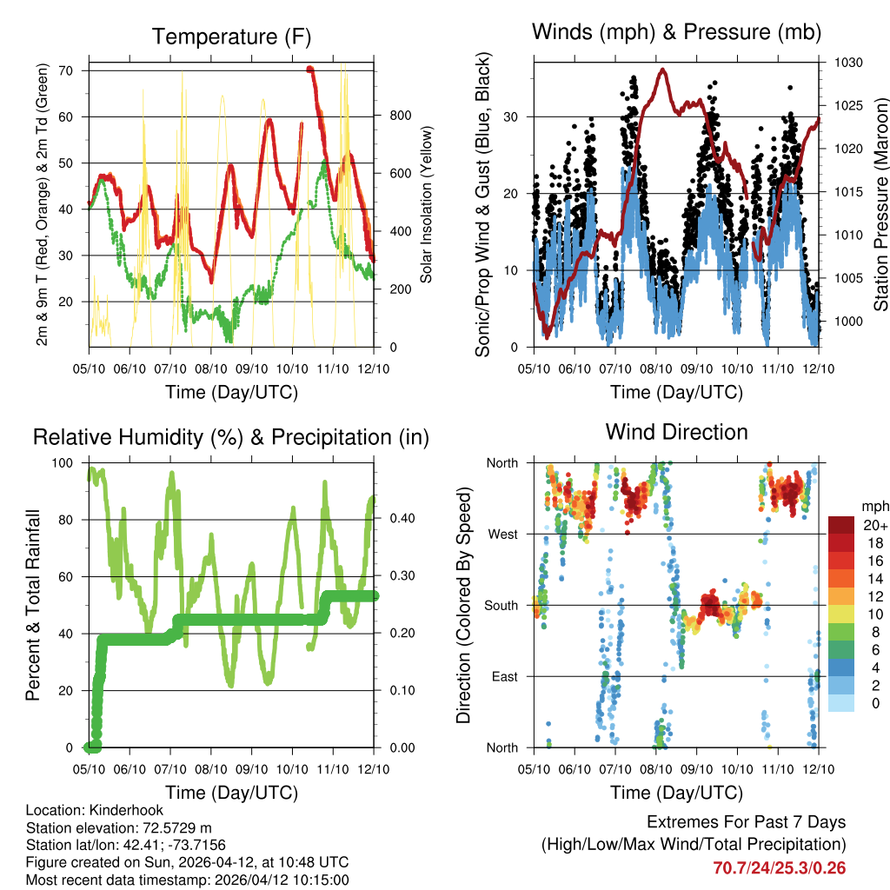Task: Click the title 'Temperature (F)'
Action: (231, 37)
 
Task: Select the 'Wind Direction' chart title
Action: (676, 432)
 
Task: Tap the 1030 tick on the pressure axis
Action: (847, 63)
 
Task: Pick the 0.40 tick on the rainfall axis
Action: (401, 519)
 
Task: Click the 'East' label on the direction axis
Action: (503, 676)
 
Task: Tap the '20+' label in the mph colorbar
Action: (874, 525)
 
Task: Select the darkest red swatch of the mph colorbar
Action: (840, 525)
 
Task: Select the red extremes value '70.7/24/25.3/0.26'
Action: (779, 868)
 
